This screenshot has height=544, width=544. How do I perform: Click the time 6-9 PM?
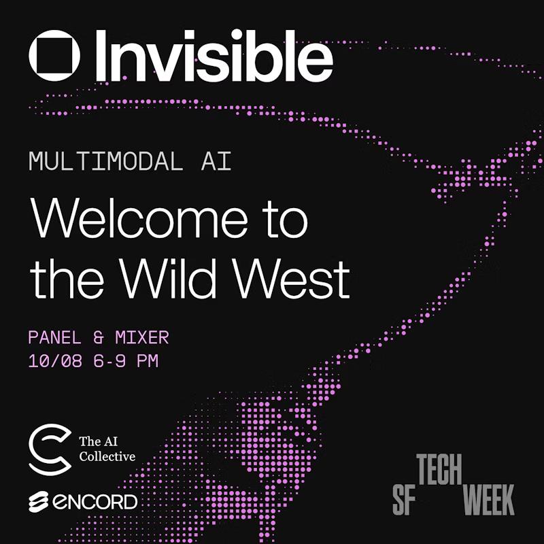pos(126,360)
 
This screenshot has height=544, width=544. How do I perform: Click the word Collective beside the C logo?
pos(107,456)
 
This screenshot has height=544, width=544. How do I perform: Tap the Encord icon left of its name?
pos(38,503)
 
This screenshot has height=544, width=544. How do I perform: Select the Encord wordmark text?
pos(95,503)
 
